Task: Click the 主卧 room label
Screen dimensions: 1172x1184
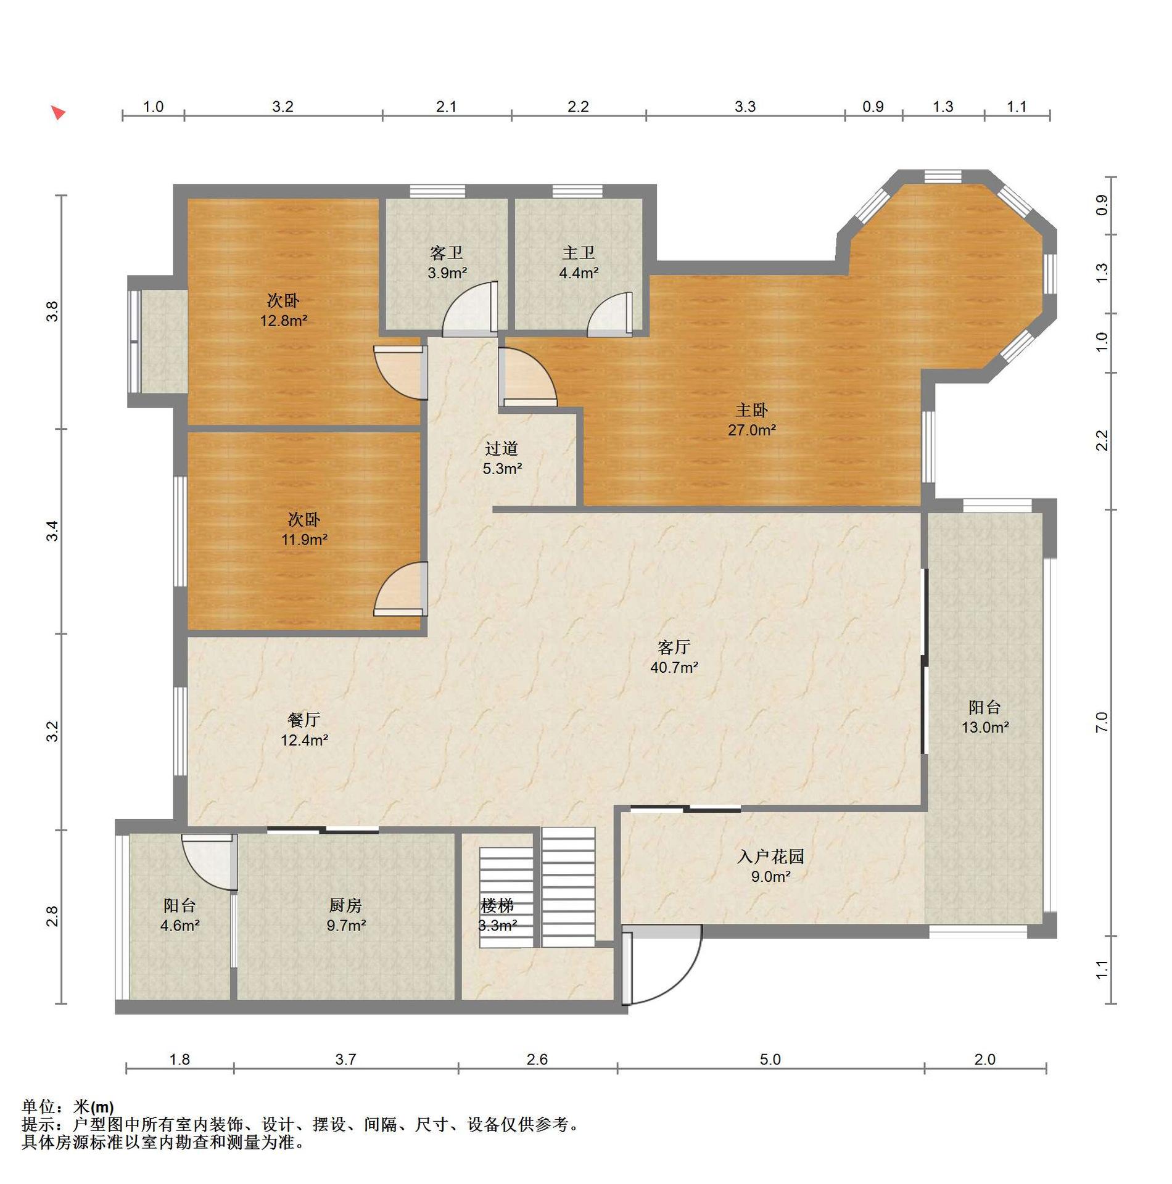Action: pos(751,410)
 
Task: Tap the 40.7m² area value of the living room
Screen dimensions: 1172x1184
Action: pos(674,667)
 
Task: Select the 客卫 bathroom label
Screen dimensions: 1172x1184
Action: pos(447,253)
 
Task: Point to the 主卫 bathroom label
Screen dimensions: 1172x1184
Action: pos(579,253)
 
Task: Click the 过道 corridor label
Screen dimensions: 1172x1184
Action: pos(501,448)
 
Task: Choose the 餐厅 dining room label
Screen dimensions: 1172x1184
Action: pos(304,720)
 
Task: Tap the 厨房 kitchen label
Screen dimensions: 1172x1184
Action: pos(345,905)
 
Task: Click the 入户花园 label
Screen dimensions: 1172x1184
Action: pos(770,857)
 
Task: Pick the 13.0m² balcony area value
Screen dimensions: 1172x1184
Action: pos(985,728)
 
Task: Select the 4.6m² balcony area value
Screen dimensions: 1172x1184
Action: pos(180,926)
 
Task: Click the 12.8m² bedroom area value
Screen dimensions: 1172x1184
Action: pos(284,321)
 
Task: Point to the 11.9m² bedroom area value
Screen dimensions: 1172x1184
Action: pos(304,540)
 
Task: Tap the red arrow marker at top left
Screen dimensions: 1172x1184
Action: pos(58,113)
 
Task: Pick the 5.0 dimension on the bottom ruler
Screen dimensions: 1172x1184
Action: pos(770,1059)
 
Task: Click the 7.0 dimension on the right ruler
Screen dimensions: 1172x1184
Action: pos(1102,722)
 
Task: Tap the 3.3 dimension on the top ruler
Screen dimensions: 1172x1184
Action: pos(745,107)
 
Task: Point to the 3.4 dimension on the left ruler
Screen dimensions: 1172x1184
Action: pos(54,531)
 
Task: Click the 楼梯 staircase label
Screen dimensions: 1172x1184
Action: pos(497,906)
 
